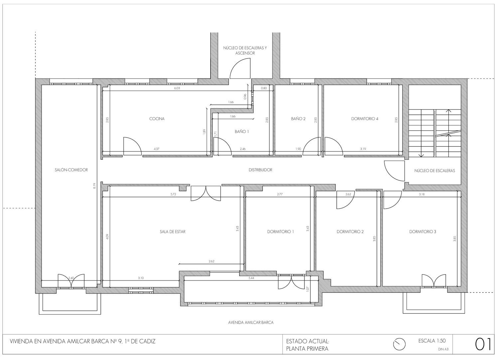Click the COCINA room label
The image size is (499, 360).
click(157, 119)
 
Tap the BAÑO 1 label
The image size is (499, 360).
click(242, 132)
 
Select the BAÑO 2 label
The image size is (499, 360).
click(298, 119)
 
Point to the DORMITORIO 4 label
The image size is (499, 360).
click(365, 119)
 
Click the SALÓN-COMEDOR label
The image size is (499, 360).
click(71, 170)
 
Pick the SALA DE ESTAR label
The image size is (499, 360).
click(173, 232)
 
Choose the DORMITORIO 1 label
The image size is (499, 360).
click(280, 232)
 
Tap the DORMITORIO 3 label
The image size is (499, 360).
click(422, 232)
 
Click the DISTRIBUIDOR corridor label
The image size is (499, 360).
click(260, 170)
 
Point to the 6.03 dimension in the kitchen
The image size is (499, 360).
click(177, 88)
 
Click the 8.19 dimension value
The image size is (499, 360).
click(94, 186)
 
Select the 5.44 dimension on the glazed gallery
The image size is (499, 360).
click(251, 278)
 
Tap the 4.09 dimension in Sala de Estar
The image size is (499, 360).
click(107, 236)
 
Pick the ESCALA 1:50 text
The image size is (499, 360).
click(432, 341)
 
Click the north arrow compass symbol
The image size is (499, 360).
click(400, 344)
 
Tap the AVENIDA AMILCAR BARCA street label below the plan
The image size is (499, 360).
click(251, 322)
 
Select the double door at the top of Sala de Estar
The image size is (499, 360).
click(206, 193)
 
